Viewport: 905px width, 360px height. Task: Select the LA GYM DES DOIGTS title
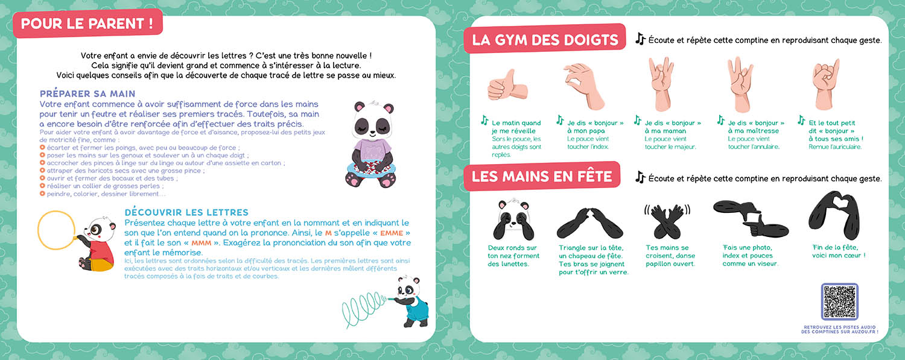tap(545, 40)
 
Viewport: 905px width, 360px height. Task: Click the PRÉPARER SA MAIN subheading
tap(87, 94)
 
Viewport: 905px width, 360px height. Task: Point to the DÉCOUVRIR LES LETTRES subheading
tap(186, 213)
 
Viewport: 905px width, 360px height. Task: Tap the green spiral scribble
tap(362, 304)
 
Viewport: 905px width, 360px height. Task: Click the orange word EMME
tap(391, 233)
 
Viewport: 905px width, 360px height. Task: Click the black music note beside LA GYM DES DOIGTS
tap(640, 39)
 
